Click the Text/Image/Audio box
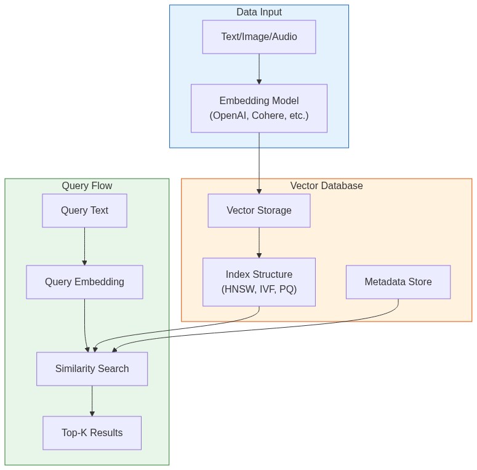(259, 37)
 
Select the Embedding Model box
(259, 108)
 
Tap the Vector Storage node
(259, 211)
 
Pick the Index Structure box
(259, 282)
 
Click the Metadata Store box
(398, 282)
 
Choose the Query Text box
(84, 211)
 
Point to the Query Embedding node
(84, 282)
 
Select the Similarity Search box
(92, 369)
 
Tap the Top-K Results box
(92, 433)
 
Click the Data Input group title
(259, 12)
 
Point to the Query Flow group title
(87, 186)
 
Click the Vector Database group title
(326, 186)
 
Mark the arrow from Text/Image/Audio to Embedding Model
(259, 69)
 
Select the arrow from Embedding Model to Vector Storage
(259, 163)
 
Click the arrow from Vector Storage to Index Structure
(259, 243)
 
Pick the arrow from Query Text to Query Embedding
(84, 246)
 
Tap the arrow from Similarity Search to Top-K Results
(92, 401)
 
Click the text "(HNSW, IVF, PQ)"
(259, 289)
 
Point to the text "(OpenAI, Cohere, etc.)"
(259, 115)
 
